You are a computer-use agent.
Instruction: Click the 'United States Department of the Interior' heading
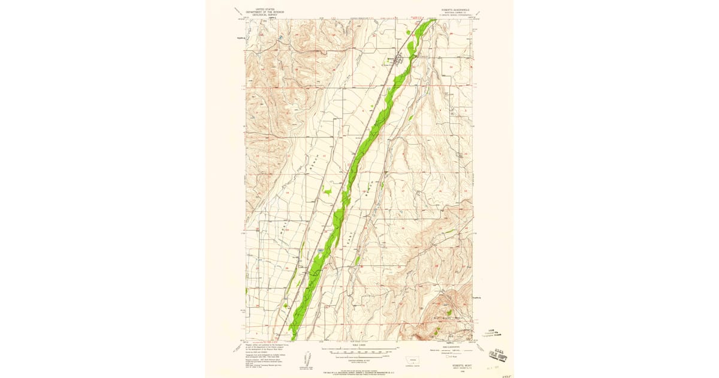[x=268, y=11]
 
